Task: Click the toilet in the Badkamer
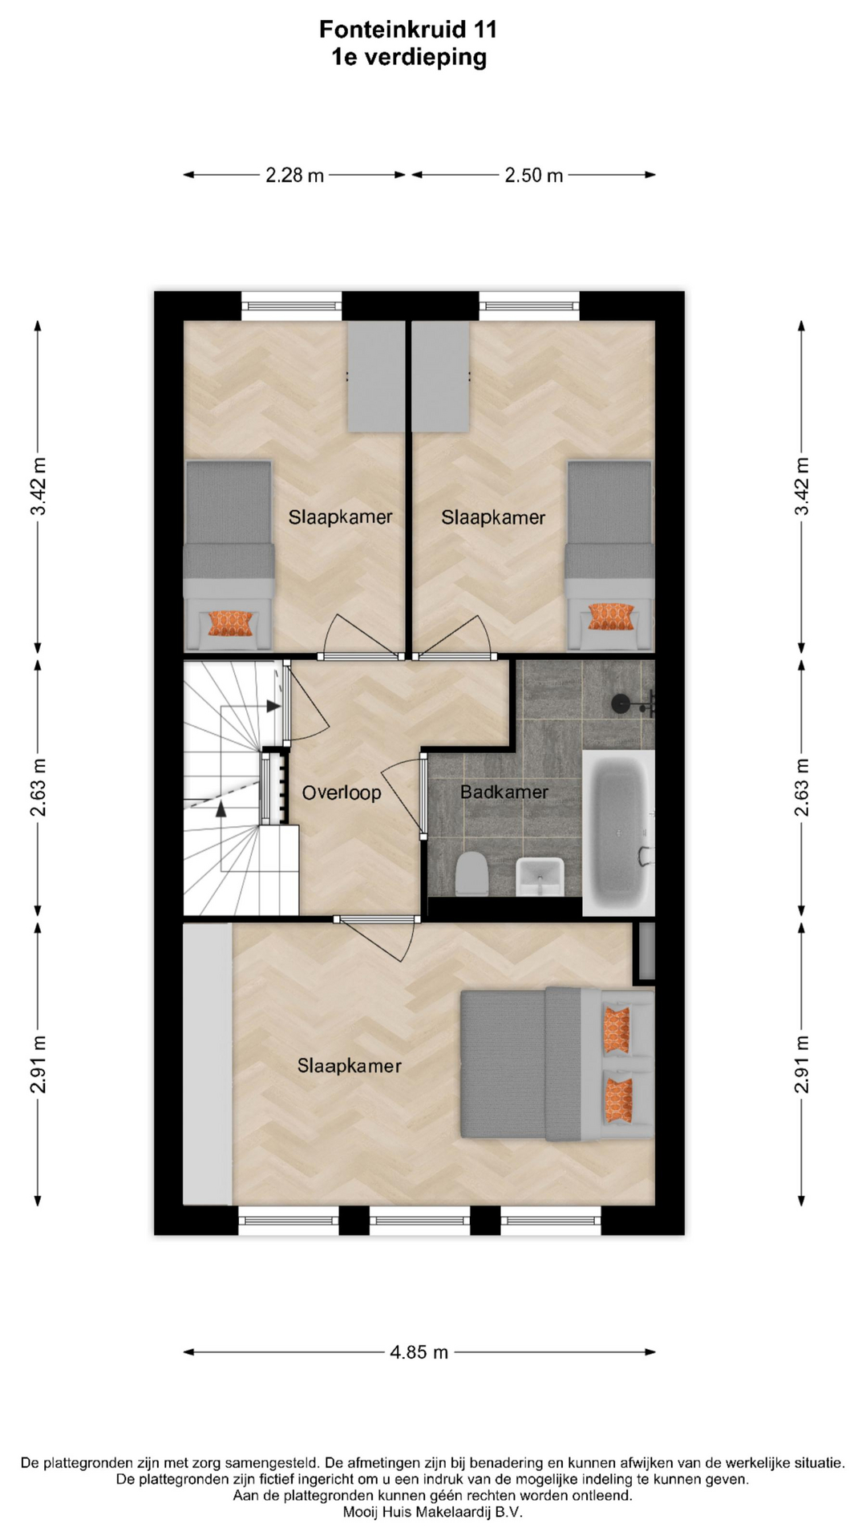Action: point(471,873)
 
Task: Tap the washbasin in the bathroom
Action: point(540,876)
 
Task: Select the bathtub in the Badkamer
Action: point(618,833)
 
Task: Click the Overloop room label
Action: point(342,793)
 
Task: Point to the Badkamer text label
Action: point(504,792)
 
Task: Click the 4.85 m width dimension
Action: point(419,1352)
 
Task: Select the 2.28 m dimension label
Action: point(295,175)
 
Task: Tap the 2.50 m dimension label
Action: point(534,175)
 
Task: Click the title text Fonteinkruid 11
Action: point(408,30)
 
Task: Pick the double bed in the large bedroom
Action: point(557,1064)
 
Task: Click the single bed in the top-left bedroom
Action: point(229,555)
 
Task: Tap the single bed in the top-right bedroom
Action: point(609,555)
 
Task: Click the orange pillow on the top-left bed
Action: point(230,623)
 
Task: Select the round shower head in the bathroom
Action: point(621,704)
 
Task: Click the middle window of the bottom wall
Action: point(419,1221)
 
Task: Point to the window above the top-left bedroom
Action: point(292,306)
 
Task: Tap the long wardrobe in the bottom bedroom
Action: point(208,1064)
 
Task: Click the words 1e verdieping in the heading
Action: point(409,58)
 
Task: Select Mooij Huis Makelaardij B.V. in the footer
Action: point(433,1512)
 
